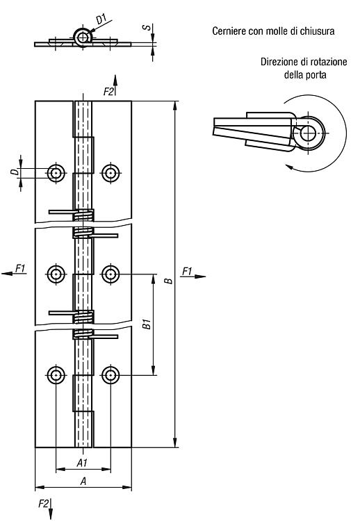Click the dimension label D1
point(101,19)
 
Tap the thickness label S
point(146,27)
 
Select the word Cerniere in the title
point(226,31)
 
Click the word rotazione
point(329,62)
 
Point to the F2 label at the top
point(108,92)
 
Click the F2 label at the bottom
point(43,504)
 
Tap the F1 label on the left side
point(21,268)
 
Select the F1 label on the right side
point(187,272)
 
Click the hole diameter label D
point(14,172)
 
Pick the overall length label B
point(169,281)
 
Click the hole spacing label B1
point(147,324)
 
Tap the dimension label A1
point(82,463)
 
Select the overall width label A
point(83,481)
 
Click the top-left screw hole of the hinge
point(56,173)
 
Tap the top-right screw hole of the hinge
point(111,173)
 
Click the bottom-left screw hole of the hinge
point(56,375)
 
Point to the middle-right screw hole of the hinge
point(111,274)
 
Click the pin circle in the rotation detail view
point(309,133)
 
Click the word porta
point(316,75)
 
